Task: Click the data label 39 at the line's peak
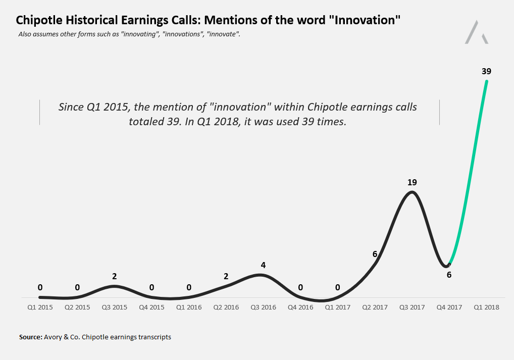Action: click(486, 71)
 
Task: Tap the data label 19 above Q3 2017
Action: click(413, 182)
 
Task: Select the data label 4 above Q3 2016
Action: click(263, 265)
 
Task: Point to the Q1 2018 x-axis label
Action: click(487, 307)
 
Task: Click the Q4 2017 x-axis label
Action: click(449, 307)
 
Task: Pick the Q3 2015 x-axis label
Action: click(114, 307)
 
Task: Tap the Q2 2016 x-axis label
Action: click(226, 307)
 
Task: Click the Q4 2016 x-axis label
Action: click(300, 307)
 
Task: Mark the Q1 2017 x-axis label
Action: click(337, 307)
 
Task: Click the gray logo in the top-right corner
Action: click(477, 32)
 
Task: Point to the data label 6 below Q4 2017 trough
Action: click(449, 275)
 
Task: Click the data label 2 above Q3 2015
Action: click(115, 276)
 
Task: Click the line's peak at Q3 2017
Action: click(413, 192)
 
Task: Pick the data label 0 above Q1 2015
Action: click(40, 287)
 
